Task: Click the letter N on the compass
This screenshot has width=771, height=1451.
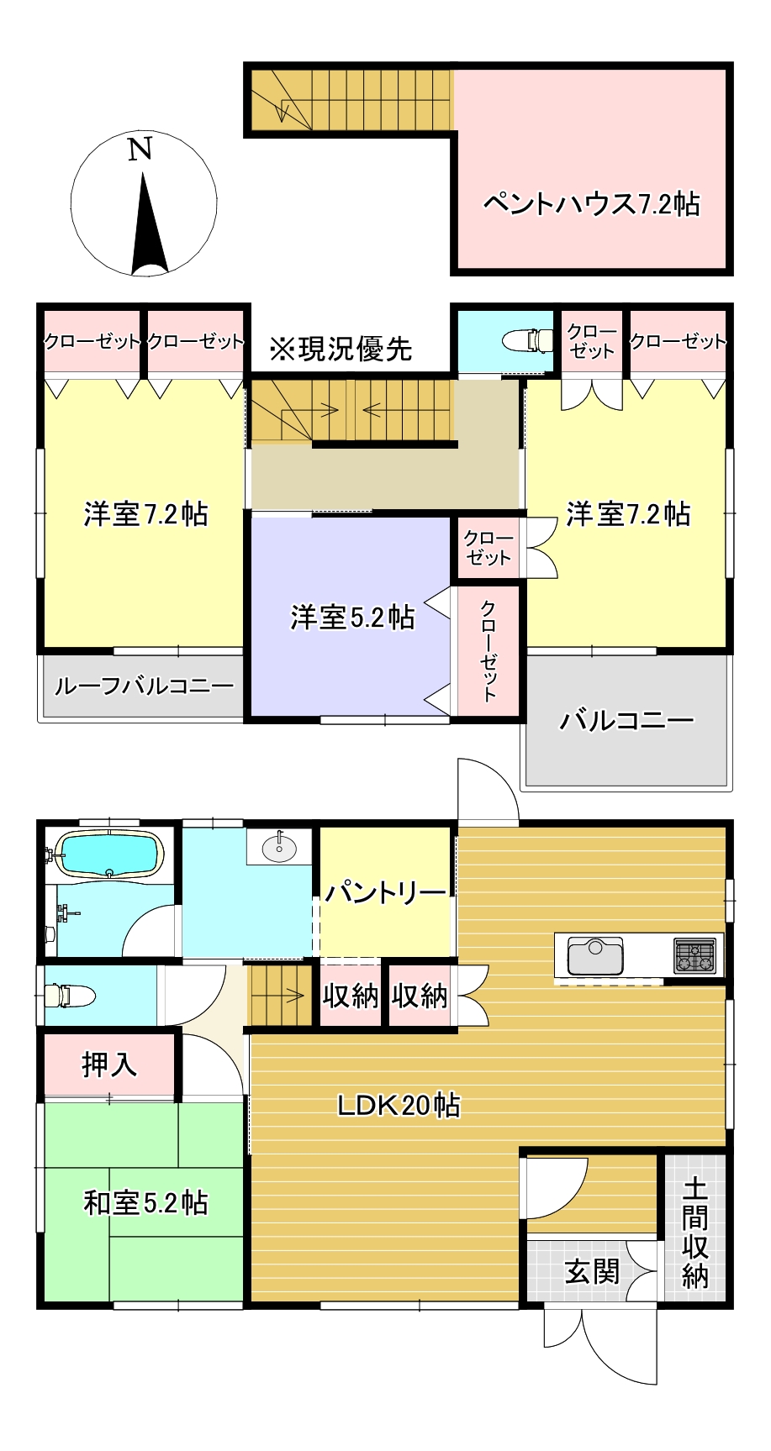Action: click(x=140, y=150)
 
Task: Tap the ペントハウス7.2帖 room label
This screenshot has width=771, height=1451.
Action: click(x=591, y=204)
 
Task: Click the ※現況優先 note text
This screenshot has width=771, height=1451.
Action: click(x=341, y=349)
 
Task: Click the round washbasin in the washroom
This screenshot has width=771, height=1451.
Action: click(x=279, y=848)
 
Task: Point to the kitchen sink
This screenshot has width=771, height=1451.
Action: click(x=595, y=956)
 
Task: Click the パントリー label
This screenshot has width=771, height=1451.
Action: click(x=386, y=892)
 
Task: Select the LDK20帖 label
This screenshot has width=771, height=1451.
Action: click(x=399, y=1105)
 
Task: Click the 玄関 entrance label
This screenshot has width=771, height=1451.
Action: click(x=592, y=1272)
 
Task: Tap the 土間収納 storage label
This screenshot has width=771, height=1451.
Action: click(x=694, y=1233)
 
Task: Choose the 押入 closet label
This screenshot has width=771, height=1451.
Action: click(x=109, y=1065)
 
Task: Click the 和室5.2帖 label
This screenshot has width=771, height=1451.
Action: click(x=145, y=1203)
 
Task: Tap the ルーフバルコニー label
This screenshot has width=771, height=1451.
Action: click(x=144, y=686)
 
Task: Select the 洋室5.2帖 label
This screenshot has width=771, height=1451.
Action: click(x=352, y=618)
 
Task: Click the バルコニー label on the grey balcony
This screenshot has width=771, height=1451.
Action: click(x=627, y=720)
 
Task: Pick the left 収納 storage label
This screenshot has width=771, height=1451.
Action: click(x=351, y=996)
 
